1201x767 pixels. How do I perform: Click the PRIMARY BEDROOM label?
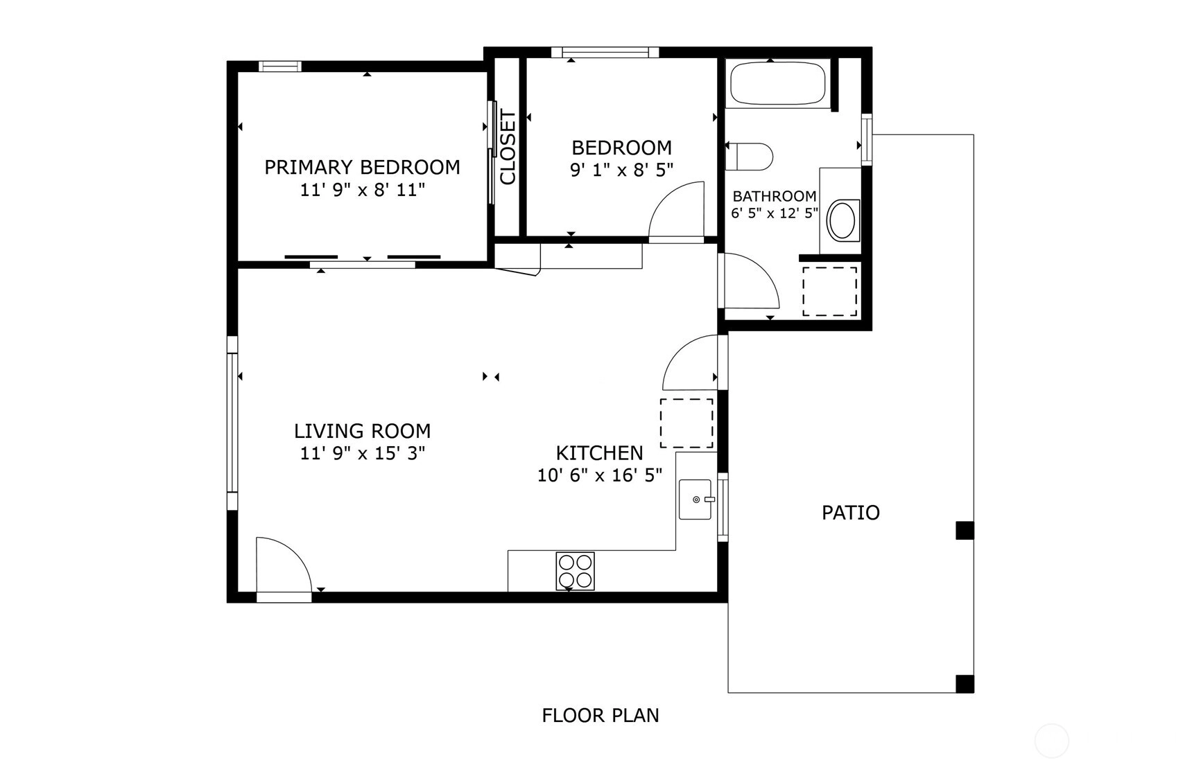(x=362, y=167)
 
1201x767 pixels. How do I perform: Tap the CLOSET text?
(x=508, y=147)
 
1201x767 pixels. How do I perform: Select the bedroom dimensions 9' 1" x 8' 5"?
(x=621, y=170)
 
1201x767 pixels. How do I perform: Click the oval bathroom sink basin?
(x=843, y=220)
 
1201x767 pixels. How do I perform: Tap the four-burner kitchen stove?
(x=575, y=571)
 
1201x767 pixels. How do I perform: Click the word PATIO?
(x=851, y=513)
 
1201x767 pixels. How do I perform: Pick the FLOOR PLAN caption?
(x=600, y=715)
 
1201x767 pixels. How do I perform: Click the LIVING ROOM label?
(x=362, y=431)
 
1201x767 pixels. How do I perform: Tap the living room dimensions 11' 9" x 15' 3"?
(x=362, y=453)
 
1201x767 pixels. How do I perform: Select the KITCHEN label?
(x=600, y=453)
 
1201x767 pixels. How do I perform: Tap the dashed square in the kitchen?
(x=686, y=423)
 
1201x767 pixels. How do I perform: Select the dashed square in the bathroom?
(x=830, y=291)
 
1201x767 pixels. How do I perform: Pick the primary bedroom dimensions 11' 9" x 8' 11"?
(x=362, y=190)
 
